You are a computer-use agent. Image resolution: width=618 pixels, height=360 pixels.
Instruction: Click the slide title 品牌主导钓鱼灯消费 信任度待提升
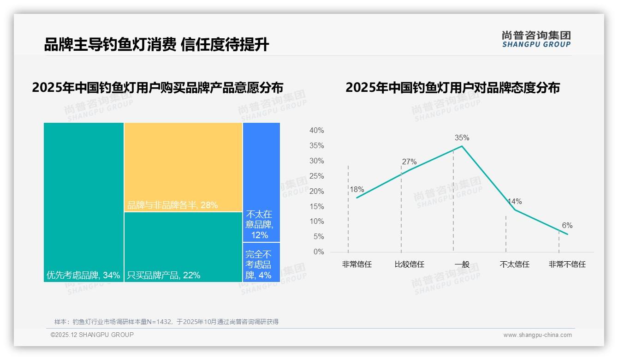(x=156, y=45)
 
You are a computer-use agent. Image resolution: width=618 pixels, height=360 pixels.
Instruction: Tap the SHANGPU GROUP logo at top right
(x=536, y=39)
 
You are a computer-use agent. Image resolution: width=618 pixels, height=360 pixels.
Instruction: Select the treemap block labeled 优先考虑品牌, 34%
(x=83, y=202)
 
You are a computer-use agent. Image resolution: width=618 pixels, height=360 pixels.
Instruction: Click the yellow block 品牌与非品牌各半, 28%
(x=183, y=167)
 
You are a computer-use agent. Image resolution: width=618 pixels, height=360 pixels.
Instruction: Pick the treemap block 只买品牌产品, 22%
(x=183, y=247)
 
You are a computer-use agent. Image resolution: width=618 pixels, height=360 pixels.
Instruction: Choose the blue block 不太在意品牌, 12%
(x=261, y=182)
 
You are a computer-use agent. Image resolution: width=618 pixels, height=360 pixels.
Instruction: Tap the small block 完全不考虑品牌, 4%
(x=261, y=262)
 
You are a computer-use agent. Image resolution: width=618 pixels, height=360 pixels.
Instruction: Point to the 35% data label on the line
(x=462, y=138)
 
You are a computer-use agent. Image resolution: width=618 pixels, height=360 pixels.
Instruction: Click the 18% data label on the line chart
(x=357, y=189)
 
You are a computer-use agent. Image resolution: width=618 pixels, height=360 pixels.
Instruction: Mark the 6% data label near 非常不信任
(x=567, y=225)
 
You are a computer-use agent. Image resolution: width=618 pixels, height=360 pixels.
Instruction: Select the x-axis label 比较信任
(x=409, y=264)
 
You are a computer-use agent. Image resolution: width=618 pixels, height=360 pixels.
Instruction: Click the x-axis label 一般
(x=462, y=264)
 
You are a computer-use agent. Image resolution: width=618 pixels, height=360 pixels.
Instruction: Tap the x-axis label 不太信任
(x=514, y=264)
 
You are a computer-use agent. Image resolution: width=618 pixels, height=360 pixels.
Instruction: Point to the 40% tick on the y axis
(x=316, y=131)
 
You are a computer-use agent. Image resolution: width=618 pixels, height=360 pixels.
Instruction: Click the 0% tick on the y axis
(x=318, y=252)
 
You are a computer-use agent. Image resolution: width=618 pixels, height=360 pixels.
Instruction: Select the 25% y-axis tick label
(x=316, y=176)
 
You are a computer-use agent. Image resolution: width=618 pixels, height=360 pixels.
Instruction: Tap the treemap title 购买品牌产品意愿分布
(x=157, y=87)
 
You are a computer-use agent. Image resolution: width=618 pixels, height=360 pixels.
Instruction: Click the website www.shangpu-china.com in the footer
(x=537, y=335)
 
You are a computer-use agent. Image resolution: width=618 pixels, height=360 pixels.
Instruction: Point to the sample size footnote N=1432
(x=166, y=322)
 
